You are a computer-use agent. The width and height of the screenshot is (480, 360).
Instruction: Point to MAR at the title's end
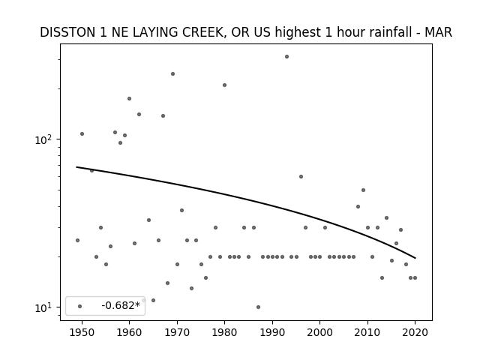coord(438,32)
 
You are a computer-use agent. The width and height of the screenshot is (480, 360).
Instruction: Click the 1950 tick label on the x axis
coord(82,332)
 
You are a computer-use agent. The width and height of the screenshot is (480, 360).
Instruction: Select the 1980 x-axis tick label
coord(224,332)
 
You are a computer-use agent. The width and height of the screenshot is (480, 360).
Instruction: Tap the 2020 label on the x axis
coord(415,332)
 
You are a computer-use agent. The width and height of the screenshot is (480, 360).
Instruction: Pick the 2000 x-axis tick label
coord(320,332)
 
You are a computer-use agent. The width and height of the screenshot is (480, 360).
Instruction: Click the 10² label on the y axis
coord(44,139)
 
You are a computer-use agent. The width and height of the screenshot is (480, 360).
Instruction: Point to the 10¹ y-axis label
coord(44,307)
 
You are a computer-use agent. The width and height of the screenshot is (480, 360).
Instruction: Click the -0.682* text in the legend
coord(121,305)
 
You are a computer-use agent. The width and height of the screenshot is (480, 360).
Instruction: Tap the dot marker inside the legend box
coord(80,306)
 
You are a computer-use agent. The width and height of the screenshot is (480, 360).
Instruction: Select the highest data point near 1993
coord(286,57)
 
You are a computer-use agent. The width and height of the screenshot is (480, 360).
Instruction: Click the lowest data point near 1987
coord(258,307)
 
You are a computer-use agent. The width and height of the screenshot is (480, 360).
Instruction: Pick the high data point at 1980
coord(225,85)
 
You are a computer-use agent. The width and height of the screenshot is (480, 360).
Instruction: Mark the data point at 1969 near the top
coord(172,73)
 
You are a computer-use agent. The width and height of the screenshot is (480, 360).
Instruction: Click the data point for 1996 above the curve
coord(301,177)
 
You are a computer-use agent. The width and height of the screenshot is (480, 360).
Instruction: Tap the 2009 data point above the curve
coord(363,190)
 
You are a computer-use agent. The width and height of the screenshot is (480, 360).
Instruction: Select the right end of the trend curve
coord(415,258)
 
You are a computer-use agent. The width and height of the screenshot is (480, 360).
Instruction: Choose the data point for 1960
coord(129,98)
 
